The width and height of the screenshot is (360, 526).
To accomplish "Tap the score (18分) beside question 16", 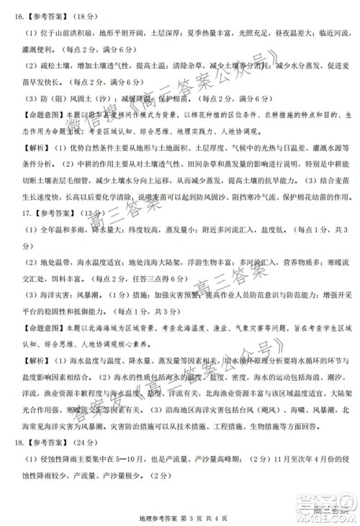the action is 89,13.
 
